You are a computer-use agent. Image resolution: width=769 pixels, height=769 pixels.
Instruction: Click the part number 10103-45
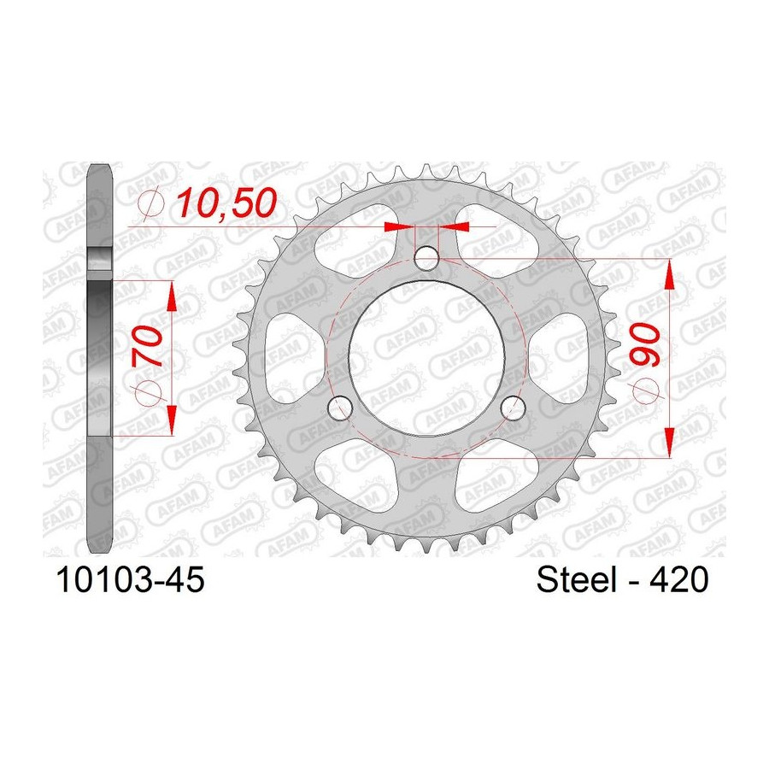(x=131, y=579)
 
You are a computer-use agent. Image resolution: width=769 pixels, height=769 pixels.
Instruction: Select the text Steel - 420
(x=622, y=579)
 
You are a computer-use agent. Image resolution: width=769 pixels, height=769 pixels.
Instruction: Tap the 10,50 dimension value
(x=226, y=203)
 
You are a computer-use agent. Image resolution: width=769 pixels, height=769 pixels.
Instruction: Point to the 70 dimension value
(x=148, y=347)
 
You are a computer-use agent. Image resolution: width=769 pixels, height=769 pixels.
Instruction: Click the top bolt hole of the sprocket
(x=426, y=258)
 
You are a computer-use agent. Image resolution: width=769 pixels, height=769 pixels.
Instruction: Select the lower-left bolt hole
(x=340, y=408)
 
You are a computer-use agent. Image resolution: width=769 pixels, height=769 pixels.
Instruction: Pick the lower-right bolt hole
(x=513, y=408)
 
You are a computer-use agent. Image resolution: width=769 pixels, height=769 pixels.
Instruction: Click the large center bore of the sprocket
(x=426, y=358)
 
